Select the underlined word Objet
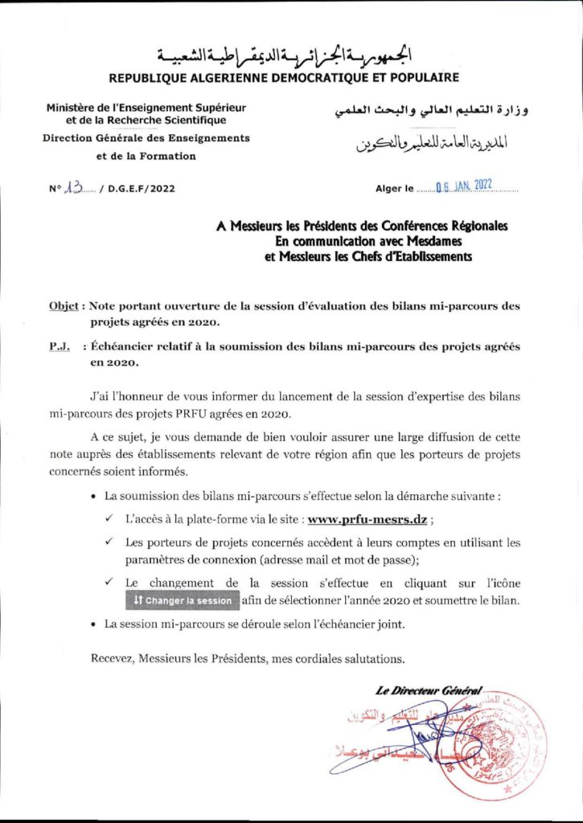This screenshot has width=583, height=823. coord(64,306)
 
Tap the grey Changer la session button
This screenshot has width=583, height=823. coord(183,600)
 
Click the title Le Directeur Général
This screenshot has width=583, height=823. coord(428,690)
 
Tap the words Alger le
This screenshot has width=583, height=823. coord(394,189)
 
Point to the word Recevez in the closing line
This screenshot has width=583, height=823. coord(111,658)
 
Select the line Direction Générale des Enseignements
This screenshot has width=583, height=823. coord(146,138)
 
